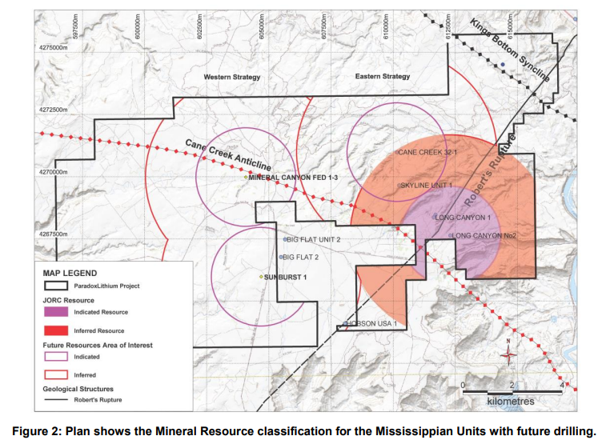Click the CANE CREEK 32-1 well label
[x=427, y=151]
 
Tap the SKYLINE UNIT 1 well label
[x=427, y=186]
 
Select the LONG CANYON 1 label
[x=463, y=218]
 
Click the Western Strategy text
[x=232, y=77]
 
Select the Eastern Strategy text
[x=382, y=77]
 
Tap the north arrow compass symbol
[x=508, y=355]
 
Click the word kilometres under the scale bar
[x=512, y=399]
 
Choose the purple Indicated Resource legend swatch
[x=56, y=312]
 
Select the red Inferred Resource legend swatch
[x=56, y=330]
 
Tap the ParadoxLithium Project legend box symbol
[x=56, y=285]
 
